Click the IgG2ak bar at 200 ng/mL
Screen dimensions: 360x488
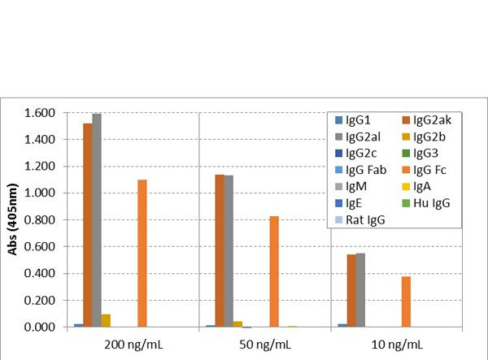point(87,225)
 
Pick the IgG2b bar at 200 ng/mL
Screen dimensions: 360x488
point(106,321)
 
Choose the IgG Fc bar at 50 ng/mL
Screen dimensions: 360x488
point(274,272)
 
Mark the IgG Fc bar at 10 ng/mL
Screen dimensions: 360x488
point(405,301)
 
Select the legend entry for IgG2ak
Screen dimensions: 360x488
point(430,120)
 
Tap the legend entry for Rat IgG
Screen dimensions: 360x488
point(361,219)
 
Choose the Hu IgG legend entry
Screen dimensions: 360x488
point(430,202)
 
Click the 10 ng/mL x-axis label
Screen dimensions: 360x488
point(398,345)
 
